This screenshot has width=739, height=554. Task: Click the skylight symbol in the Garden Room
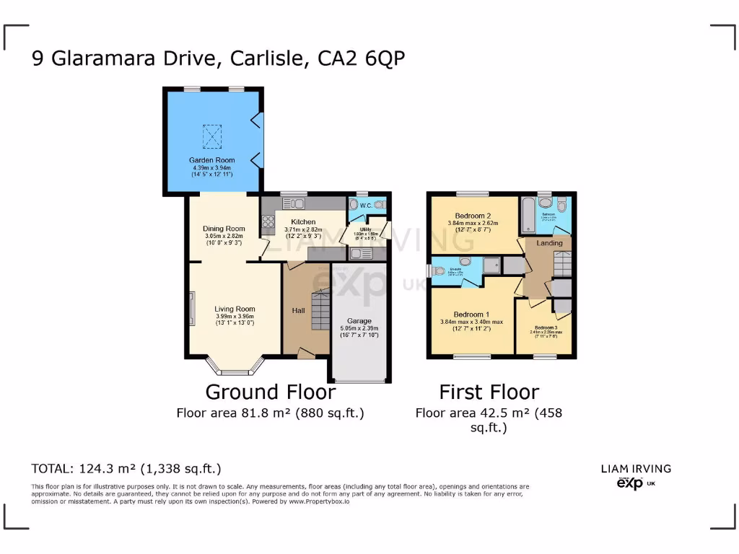tap(211, 135)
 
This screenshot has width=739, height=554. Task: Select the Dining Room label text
tap(224, 229)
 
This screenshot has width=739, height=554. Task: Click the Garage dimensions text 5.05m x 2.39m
tap(359, 328)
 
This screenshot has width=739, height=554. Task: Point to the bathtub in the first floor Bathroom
tap(528, 214)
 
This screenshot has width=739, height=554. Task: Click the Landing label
tap(549, 243)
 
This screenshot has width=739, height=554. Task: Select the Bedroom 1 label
tap(471, 314)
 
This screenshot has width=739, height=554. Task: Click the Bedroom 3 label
tap(546, 327)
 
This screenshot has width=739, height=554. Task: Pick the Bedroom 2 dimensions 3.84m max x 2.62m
tap(473, 223)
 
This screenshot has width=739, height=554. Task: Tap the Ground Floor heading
tap(270, 392)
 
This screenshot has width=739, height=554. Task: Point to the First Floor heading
tap(489, 392)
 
